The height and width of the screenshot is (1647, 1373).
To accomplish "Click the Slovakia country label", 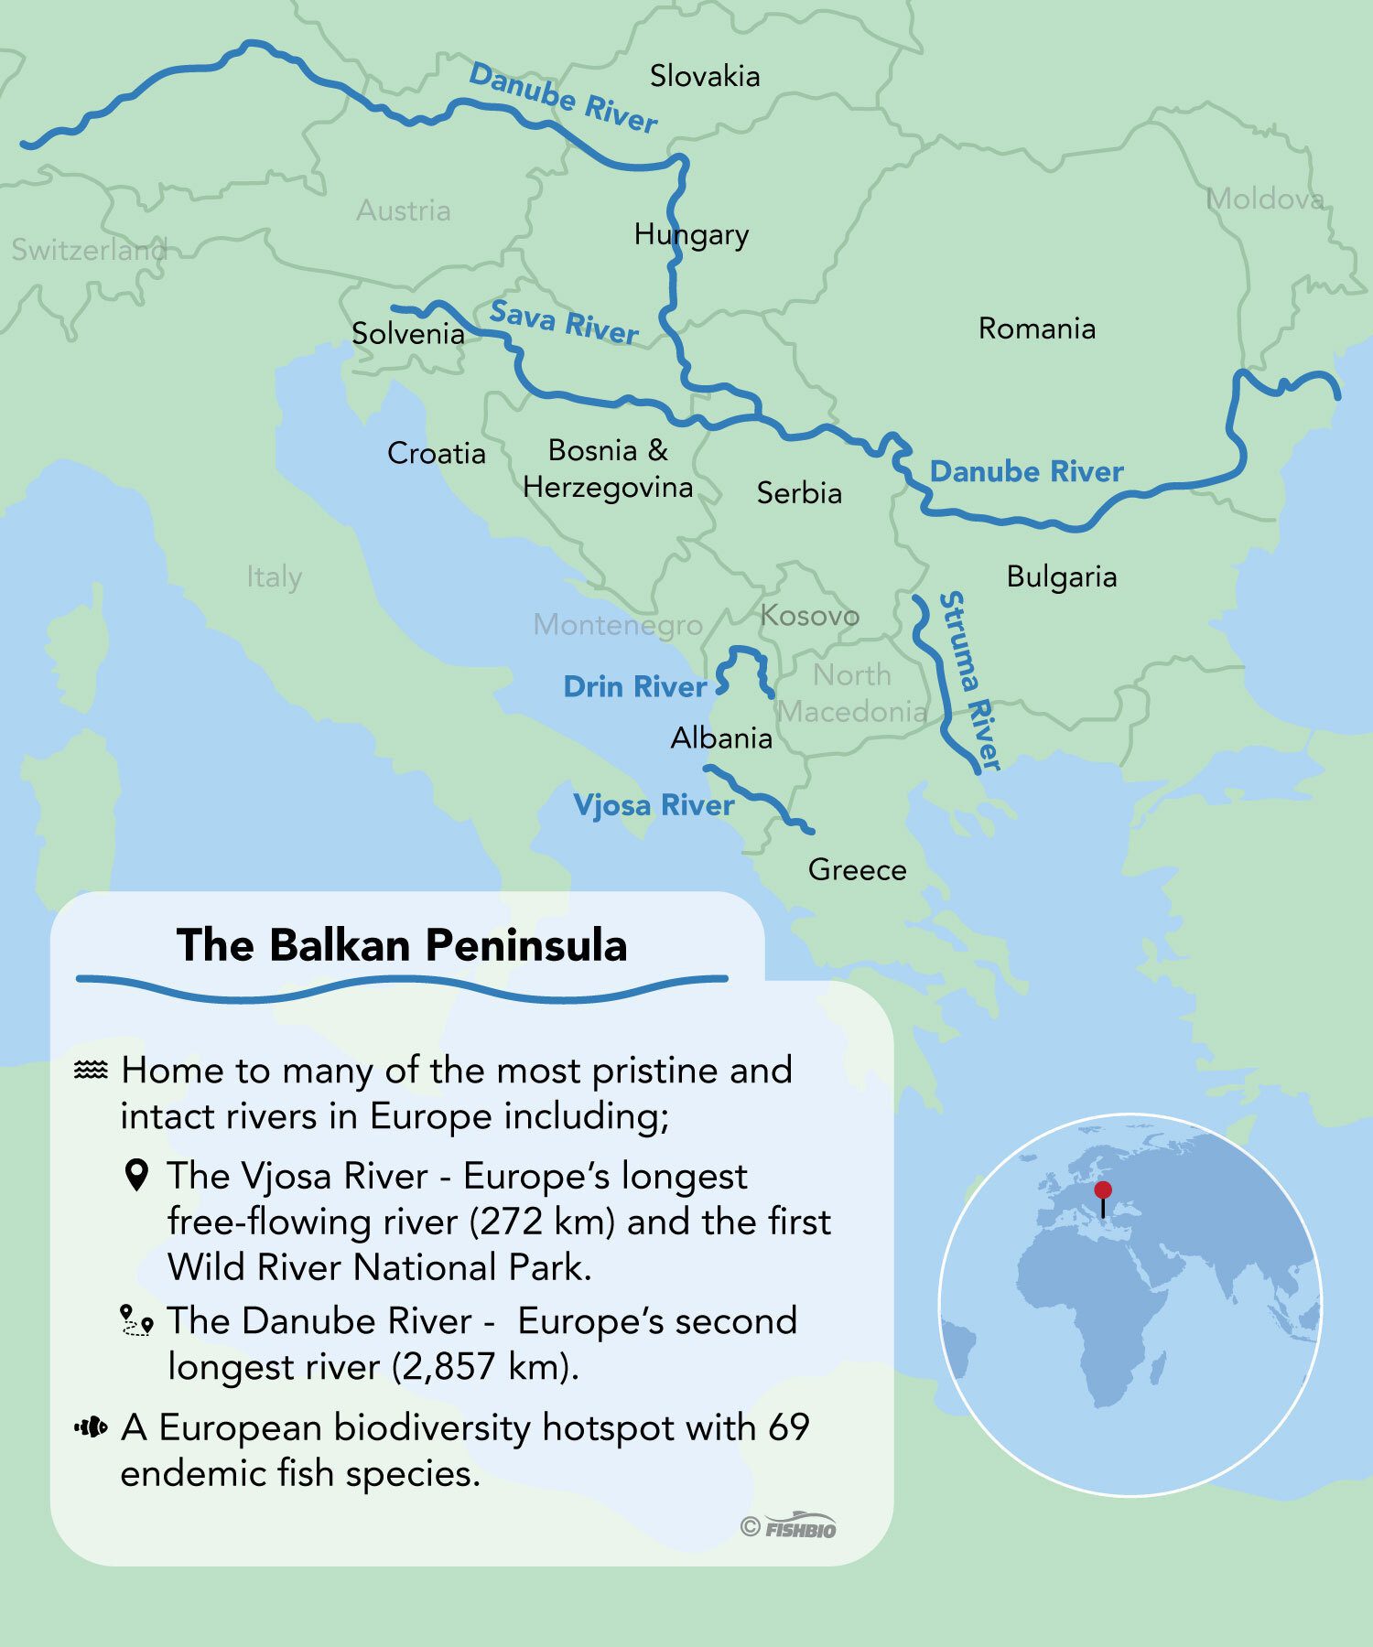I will (704, 76).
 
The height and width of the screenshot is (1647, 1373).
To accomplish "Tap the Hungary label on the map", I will (691, 235).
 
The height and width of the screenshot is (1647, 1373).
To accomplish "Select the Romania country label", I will (1036, 328).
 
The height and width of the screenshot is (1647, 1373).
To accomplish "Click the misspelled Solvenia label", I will (408, 334).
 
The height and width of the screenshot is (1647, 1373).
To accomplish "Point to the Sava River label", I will (564, 322).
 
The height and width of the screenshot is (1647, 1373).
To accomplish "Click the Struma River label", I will (970, 681).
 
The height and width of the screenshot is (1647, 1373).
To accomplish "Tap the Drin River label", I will (634, 687).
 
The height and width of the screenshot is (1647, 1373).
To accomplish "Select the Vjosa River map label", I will (654, 805).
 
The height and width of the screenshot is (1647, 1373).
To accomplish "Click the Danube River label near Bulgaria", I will (1026, 472).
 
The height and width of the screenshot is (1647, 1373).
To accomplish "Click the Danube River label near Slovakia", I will (563, 99).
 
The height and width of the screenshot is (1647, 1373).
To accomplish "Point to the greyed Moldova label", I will (1264, 199).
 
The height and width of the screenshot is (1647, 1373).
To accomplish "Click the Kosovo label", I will (809, 616).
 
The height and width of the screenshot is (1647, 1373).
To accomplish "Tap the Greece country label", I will (857, 869).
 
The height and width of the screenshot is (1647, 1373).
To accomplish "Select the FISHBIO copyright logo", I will (789, 1527).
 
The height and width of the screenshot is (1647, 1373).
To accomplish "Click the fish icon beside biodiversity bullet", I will (91, 1426).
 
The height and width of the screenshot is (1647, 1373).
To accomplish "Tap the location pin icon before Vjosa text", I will (136, 1176).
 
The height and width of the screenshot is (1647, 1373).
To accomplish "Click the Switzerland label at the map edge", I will (89, 249).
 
